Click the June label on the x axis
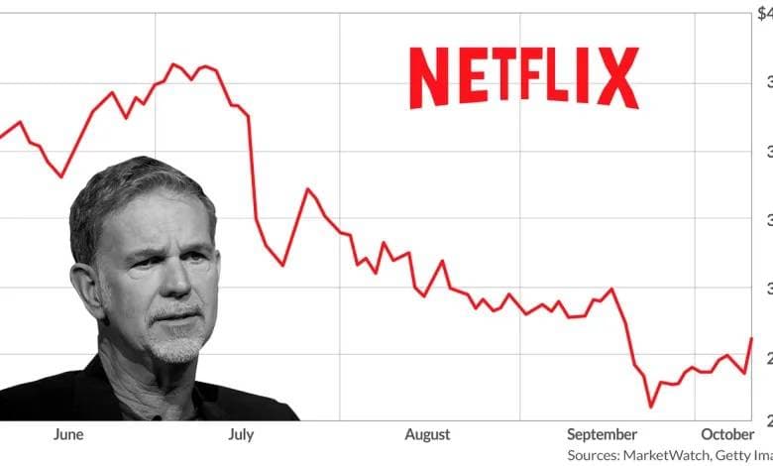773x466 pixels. (69, 434)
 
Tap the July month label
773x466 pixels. (241, 434)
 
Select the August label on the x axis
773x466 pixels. (427, 434)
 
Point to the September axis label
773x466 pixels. (603, 434)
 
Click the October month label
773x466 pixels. (727, 434)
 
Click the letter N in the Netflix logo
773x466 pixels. (428, 78)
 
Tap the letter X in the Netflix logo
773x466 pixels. (619, 78)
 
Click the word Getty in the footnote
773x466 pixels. (730, 455)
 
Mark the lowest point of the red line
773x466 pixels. (651, 407)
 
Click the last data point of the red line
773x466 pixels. (751, 338)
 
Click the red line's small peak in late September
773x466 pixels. (611, 289)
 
